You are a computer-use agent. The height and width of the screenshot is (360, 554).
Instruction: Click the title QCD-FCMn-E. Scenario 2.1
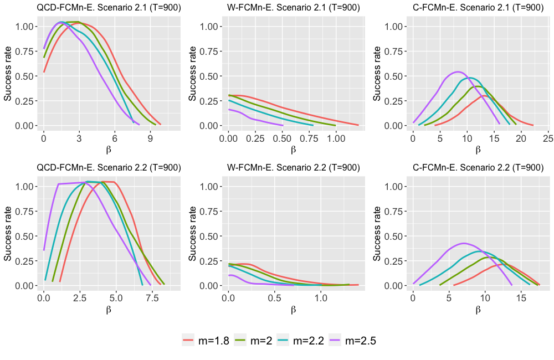pos(109,8)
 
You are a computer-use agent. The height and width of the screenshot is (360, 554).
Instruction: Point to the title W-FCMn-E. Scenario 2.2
pos(294,168)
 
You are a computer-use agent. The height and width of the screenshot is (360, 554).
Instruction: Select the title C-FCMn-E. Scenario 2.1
pos(478,8)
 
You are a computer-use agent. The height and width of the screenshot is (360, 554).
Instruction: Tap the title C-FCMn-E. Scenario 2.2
pos(478,168)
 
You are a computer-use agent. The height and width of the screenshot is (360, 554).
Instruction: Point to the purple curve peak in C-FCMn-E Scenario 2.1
pos(458,71)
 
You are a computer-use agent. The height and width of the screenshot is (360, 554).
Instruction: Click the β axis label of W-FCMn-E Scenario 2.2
pos(293,309)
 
